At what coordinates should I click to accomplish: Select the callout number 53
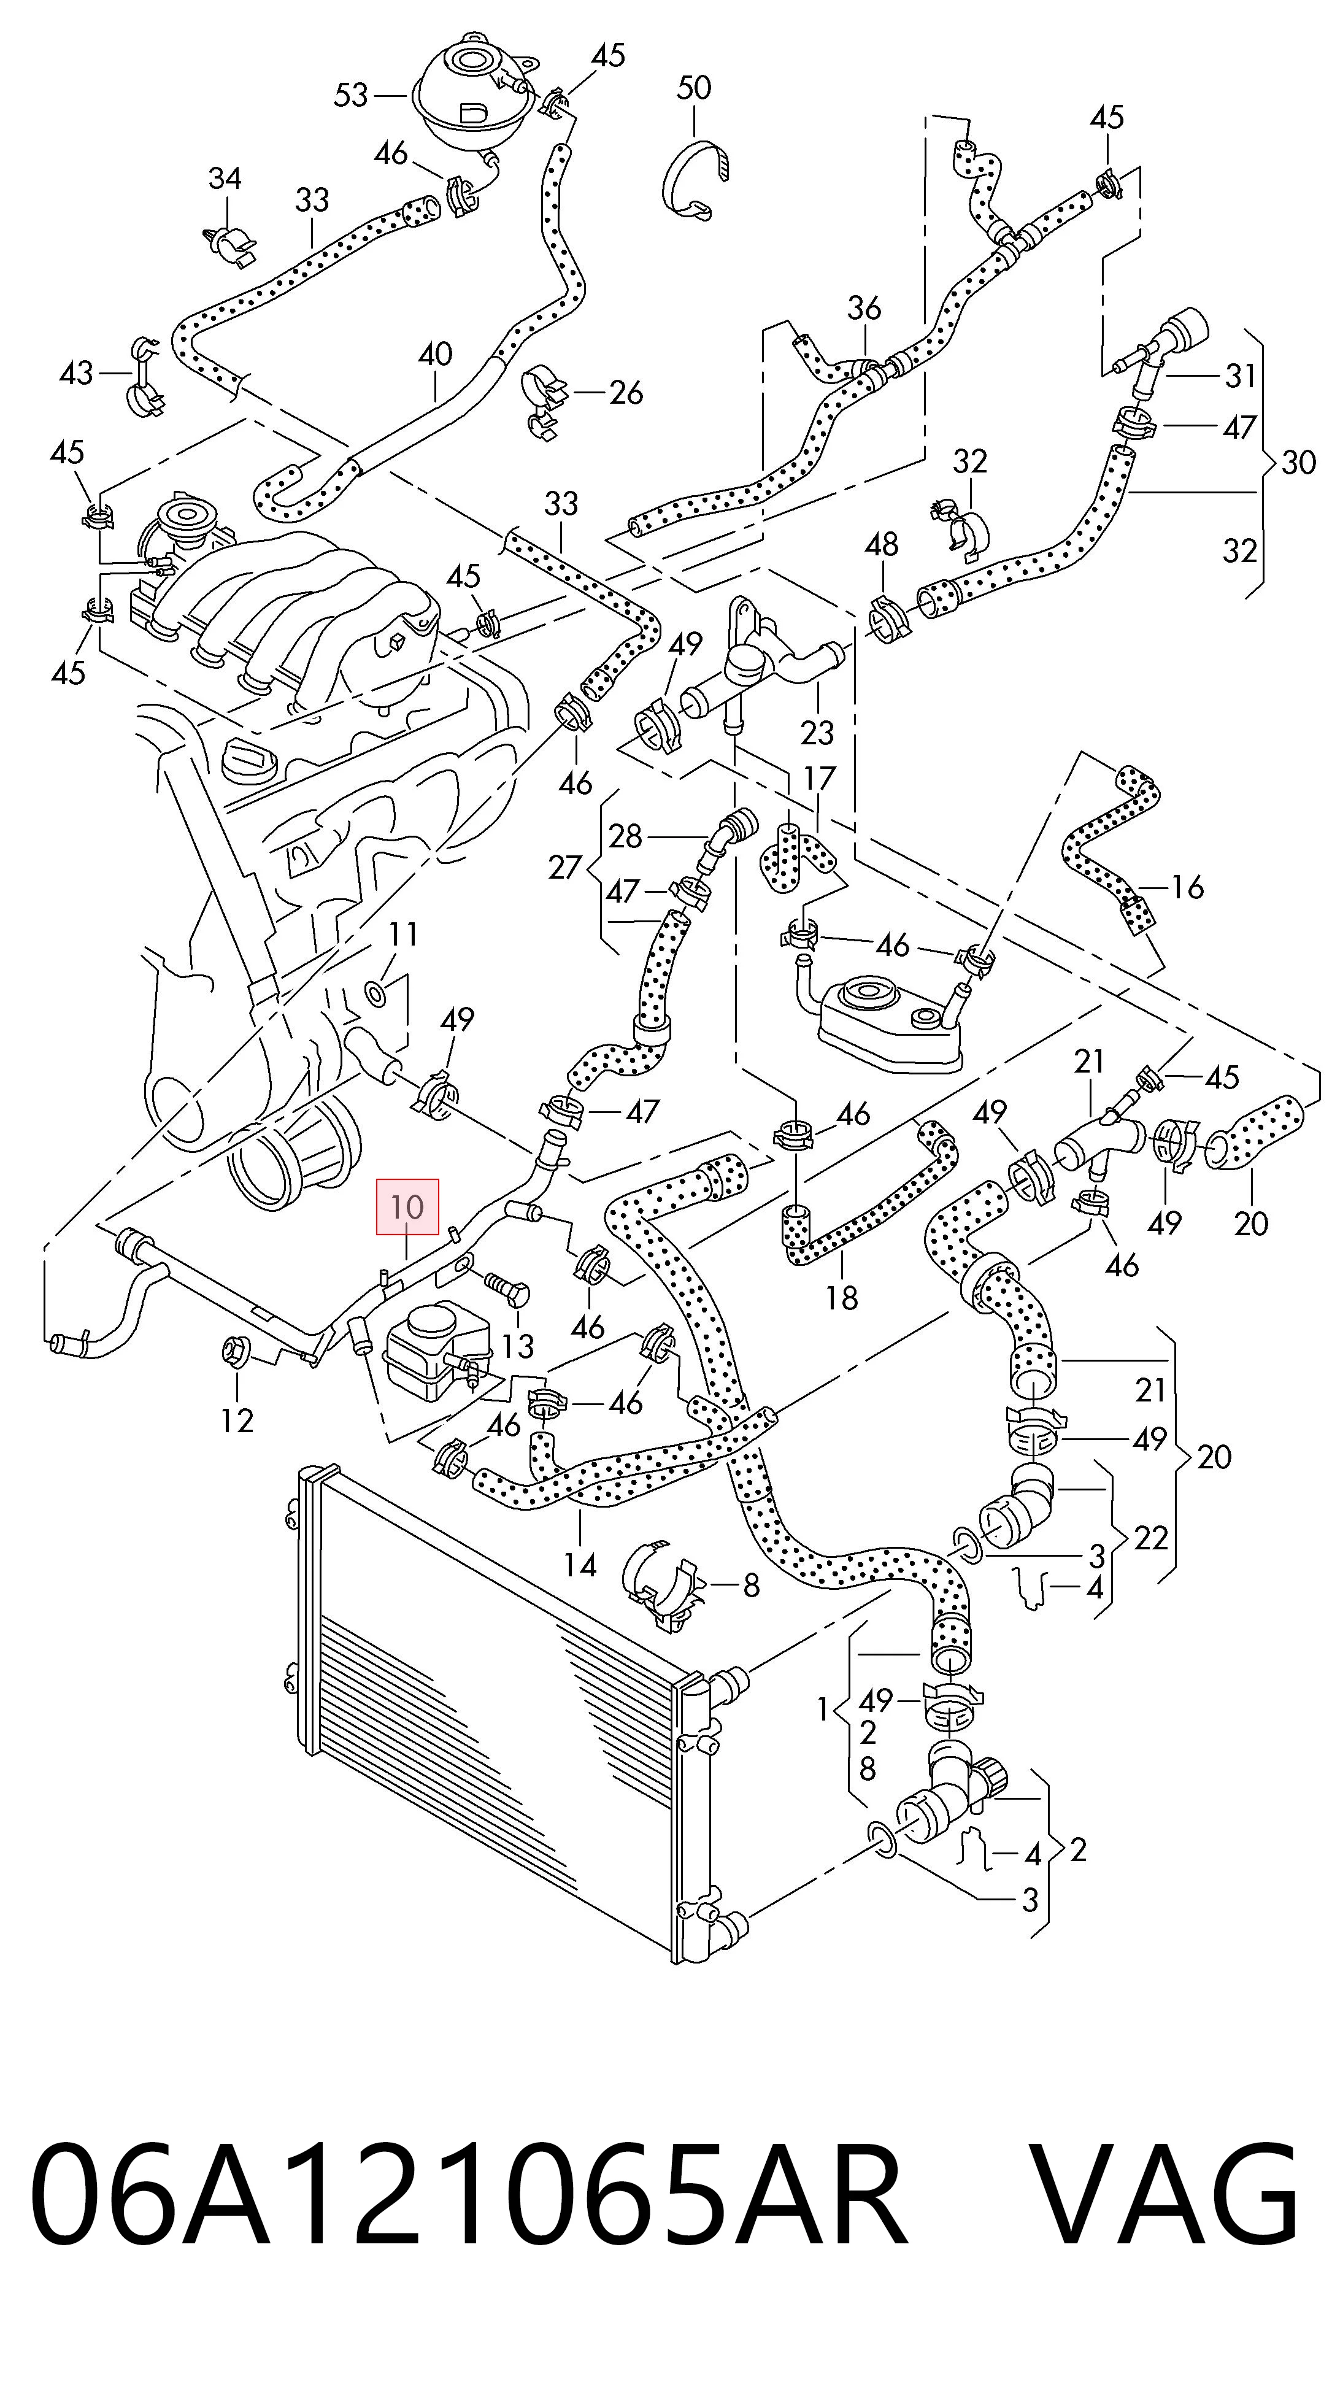pyautogui.click(x=352, y=94)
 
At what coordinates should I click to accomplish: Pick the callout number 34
pyautogui.click(x=225, y=179)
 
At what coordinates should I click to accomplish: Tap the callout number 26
pyautogui.click(x=626, y=393)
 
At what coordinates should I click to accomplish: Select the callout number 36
pyautogui.click(x=864, y=308)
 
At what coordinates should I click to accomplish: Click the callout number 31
pyautogui.click(x=1241, y=376)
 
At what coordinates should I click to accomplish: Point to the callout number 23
pyautogui.click(x=817, y=733)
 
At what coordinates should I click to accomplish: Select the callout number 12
pyautogui.click(x=237, y=1419)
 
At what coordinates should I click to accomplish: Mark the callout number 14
pyautogui.click(x=580, y=1565)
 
